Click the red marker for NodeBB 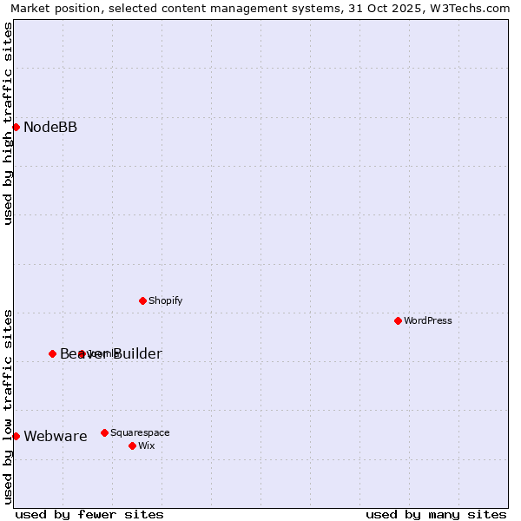pos(16,127)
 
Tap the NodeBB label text pos(50,128)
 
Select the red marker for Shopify pos(142,300)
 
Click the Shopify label pos(165,300)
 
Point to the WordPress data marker pos(398,320)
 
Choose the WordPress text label pos(427,320)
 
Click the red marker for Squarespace pos(104,432)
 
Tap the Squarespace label pos(140,432)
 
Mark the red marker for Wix pos(132,445)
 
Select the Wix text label pos(146,445)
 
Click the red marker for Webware pos(16,436)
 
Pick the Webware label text pos(56,436)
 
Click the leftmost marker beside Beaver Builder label pos(52,353)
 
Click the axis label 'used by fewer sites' pos(89,514)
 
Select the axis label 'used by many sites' pos(436,514)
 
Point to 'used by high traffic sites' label pos(8,123)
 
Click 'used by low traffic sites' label pos(8,406)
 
